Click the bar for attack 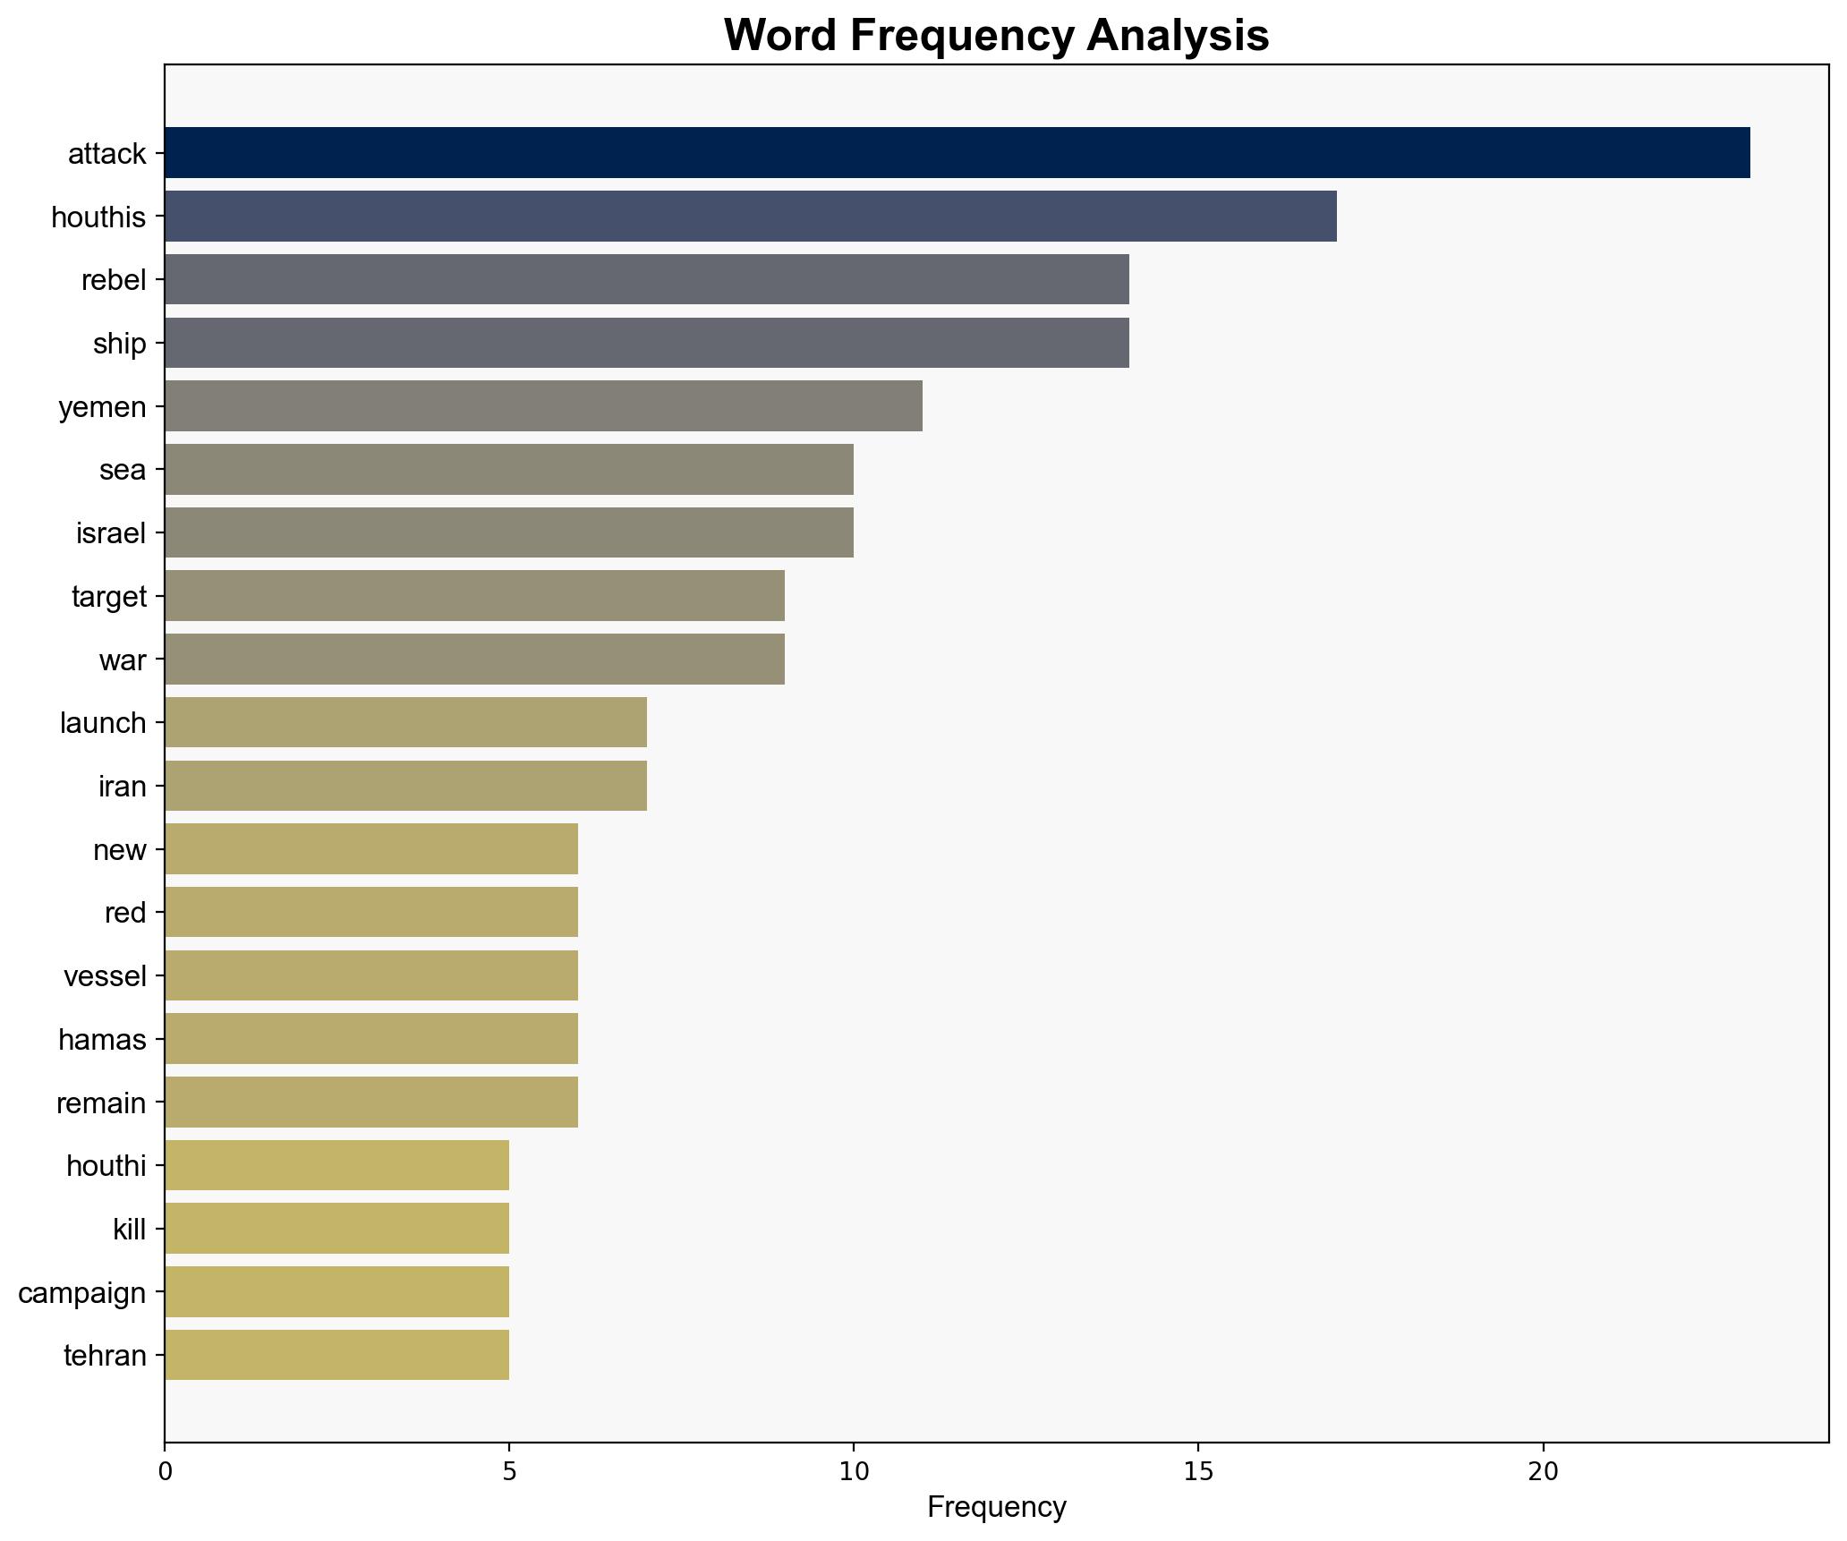957,153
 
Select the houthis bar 750,217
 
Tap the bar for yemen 543,406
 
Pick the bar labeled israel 508,533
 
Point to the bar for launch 405,722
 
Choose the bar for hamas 370,1039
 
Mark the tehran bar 336,1356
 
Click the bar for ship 646,343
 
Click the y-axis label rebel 113,280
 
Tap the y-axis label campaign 81,1293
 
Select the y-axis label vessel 105,976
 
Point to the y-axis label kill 129,1230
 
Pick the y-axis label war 123,660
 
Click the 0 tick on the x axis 165,1471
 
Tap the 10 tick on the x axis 853,1471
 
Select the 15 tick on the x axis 1197,1471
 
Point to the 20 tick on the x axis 1542,1471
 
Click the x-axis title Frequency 996,1508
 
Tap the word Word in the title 780,36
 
